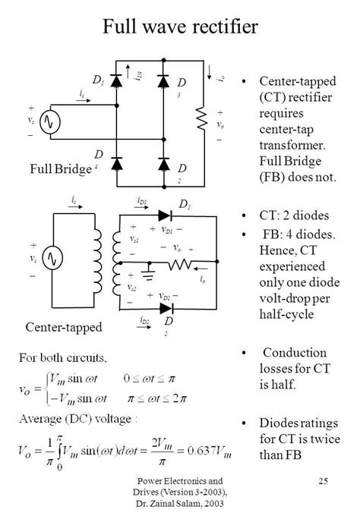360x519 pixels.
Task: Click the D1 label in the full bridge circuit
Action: tap(97, 80)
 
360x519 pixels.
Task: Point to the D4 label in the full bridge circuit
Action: tap(98, 156)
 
